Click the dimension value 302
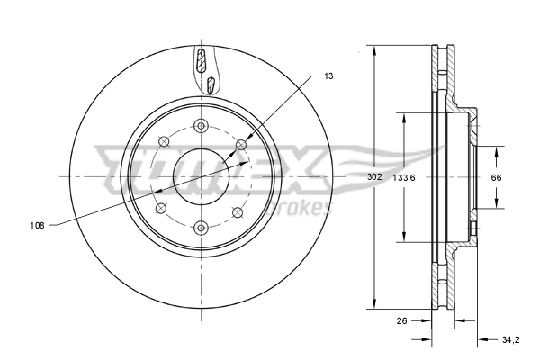point(374,177)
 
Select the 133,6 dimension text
point(404,177)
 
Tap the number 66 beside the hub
point(495,177)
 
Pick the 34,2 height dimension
point(510,339)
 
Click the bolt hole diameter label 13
point(329,77)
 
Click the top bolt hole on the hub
point(201,125)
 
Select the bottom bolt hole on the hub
point(201,227)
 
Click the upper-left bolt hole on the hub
point(163,141)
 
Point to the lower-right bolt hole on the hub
point(238,211)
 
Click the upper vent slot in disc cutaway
point(202,63)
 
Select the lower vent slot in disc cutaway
point(210,85)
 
